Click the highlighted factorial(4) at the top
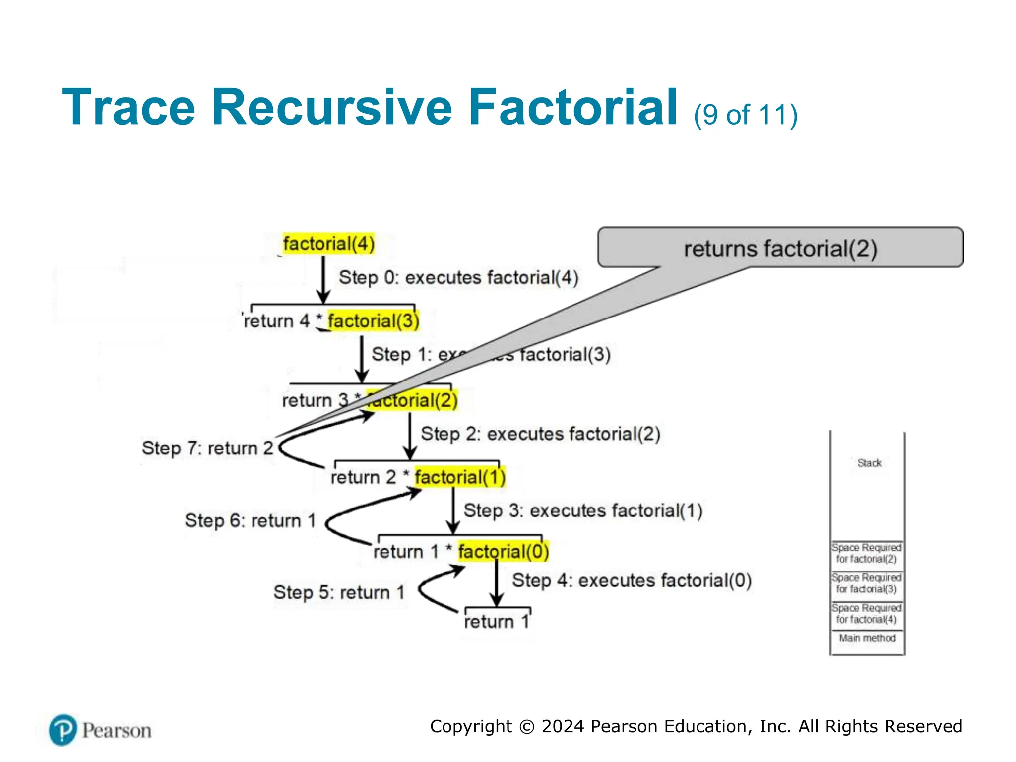point(328,244)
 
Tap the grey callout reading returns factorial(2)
point(780,248)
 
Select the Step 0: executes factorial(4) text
point(458,277)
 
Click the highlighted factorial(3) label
point(373,321)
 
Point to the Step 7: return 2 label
point(207,448)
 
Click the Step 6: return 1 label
point(250,520)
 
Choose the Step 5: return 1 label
point(339,592)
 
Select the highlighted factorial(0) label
point(503,551)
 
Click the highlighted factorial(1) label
point(460,477)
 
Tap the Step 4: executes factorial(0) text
point(632,580)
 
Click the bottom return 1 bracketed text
point(497,621)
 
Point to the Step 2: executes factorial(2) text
point(540,434)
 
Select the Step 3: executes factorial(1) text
point(583,510)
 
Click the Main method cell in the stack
point(867,638)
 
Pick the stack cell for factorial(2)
point(867,553)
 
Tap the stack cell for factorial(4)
point(867,614)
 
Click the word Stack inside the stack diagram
point(869,463)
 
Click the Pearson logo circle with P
point(63,730)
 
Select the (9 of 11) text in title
point(745,115)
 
